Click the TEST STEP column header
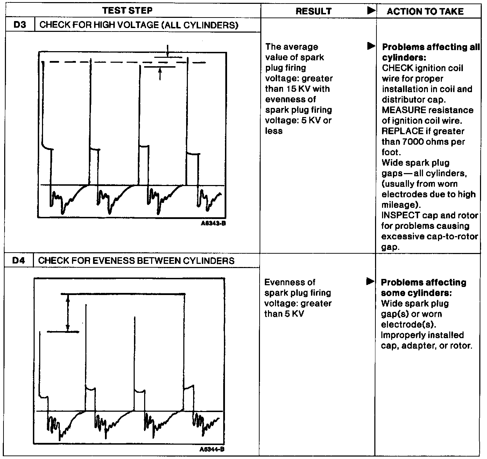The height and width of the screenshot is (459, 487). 127,11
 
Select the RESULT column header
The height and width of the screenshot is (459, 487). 313,11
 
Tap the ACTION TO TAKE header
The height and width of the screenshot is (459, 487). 425,11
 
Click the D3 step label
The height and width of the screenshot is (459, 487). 20,25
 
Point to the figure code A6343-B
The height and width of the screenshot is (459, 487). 213,223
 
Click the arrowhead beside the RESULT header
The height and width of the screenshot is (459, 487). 370,11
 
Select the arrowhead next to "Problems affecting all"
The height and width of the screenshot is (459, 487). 370,46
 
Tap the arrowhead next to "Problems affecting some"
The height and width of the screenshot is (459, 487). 369,281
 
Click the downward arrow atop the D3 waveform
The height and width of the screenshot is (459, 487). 168,52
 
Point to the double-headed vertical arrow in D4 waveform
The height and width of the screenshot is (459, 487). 68,313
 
